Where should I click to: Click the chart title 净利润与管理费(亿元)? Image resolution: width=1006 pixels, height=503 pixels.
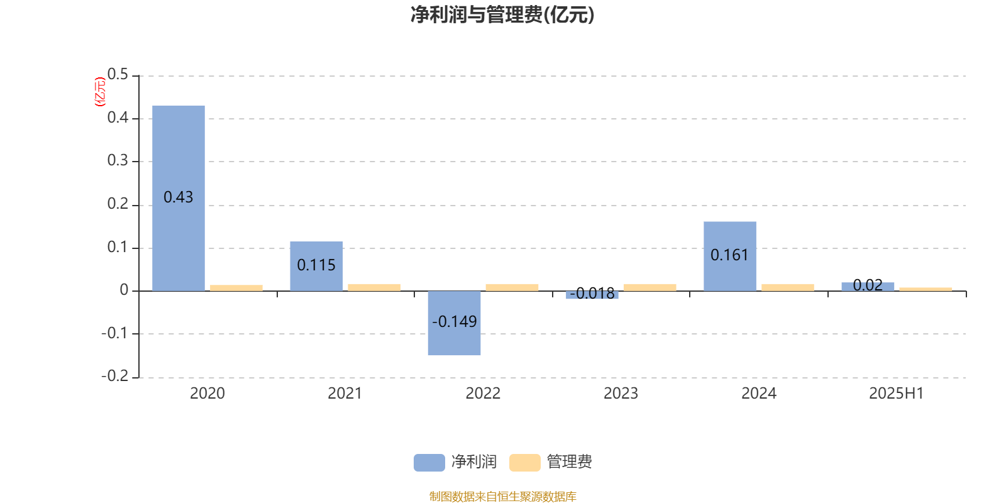coord(502,15)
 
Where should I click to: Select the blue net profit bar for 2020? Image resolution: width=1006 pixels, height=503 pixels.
coord(179,198)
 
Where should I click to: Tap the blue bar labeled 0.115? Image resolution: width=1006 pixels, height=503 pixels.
coord(316,266)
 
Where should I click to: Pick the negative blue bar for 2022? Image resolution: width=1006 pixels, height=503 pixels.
coord(454,323)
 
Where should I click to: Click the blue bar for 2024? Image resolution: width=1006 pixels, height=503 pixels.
coord(730,256)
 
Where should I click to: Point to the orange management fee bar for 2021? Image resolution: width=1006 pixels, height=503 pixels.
coord(374,287)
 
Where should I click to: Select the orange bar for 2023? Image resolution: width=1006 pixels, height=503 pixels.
coord(650,287)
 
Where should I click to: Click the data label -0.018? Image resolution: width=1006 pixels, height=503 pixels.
coord(592,294)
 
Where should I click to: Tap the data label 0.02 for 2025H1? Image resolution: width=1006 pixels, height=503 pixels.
coord(868,285)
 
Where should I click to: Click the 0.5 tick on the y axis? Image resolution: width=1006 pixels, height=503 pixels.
coord(118,74)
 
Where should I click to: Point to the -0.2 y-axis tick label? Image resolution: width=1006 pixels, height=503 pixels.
coord(114,375)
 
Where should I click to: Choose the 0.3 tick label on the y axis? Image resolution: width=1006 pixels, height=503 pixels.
coord(118,160)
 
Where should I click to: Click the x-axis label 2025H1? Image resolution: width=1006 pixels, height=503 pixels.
coord(897,394)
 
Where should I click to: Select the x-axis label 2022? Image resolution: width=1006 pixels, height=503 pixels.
coord(483,394)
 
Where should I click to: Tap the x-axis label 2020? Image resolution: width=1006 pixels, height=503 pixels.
coord(207,394)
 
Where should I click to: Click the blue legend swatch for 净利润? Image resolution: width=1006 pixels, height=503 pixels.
coord(429,463)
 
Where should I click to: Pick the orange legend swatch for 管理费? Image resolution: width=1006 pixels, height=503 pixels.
coord(524,463)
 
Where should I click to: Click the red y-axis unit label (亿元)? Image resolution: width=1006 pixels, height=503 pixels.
coord(100,92)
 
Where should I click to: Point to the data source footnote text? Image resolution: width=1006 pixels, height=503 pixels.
coord(502,496)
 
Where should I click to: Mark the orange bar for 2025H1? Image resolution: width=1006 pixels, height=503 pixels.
coord(926,289)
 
